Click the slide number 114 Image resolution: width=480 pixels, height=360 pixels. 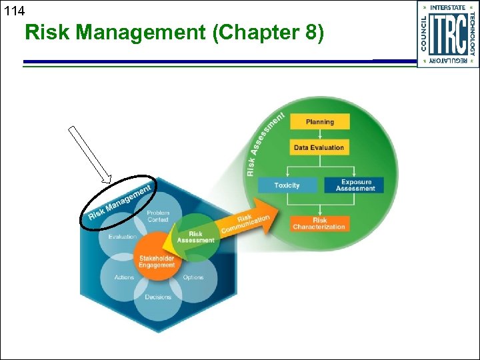point(13,11)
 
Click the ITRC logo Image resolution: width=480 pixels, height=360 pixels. point(447,34)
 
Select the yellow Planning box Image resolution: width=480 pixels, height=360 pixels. point(319,122)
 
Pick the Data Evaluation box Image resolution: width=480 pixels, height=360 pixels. point(319,147)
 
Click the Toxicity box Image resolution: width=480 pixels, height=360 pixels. point(287,185)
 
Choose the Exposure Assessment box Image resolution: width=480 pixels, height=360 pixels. point(355,185)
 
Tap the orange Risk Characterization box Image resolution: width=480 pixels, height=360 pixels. point(319,224)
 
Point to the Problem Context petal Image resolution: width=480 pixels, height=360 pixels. point(158,216)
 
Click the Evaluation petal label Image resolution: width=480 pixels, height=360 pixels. point(122,237)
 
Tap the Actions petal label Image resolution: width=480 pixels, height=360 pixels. point(124,277)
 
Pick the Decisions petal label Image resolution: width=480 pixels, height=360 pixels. point(158,297)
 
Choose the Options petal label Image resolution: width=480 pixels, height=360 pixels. point(193,277)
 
